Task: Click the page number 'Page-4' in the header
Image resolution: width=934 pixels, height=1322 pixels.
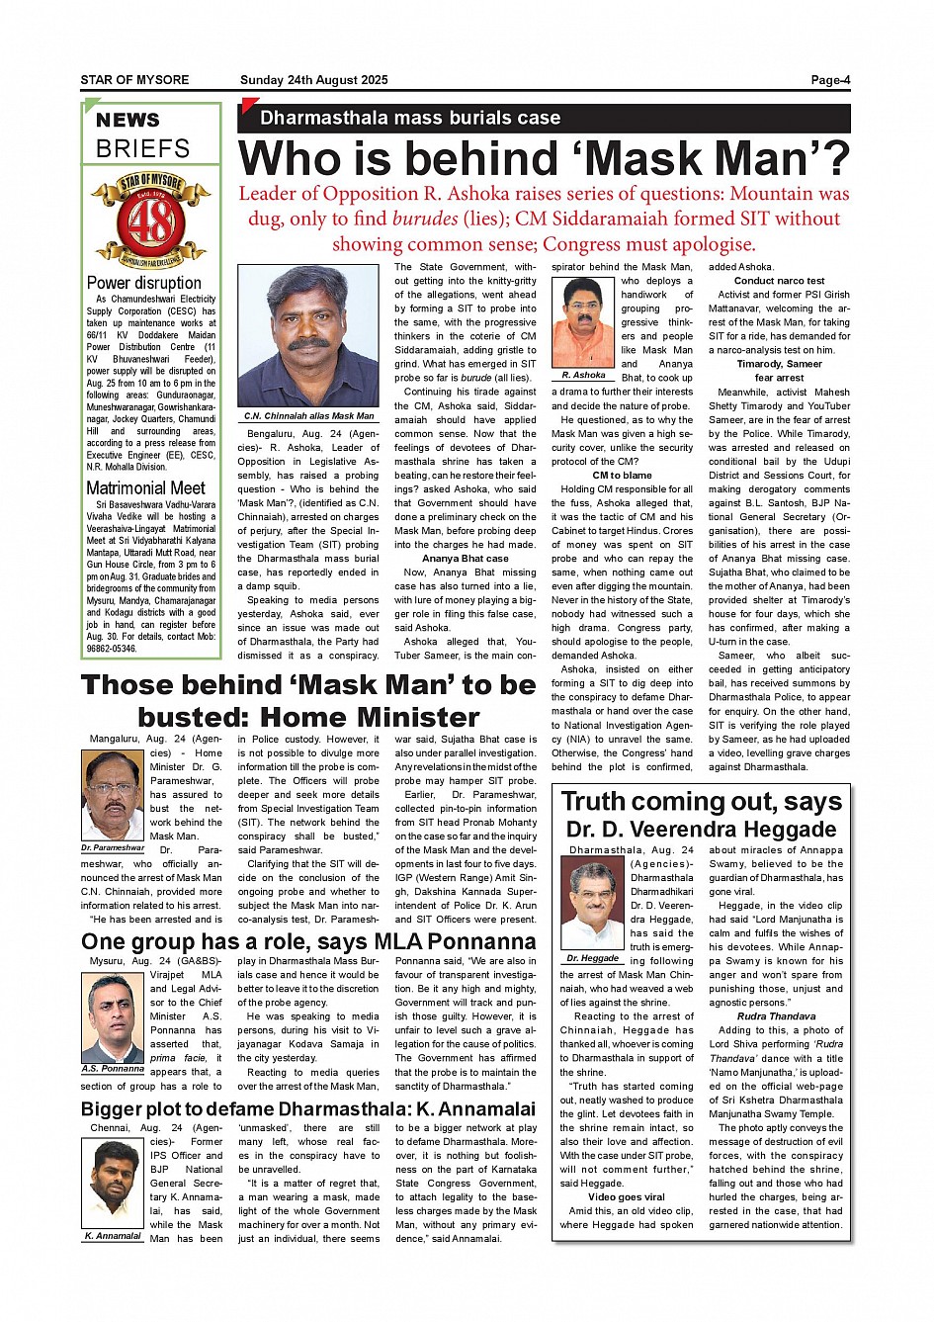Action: [830, 80]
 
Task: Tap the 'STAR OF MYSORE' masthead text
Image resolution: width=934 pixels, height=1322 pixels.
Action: [134, 80]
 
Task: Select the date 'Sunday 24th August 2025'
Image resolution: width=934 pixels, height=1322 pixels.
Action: [313, 80]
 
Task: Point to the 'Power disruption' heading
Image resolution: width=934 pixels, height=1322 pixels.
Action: [144, 283]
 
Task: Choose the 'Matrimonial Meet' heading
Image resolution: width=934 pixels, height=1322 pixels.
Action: [145, 488]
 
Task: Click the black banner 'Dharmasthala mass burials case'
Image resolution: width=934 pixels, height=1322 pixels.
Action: [410, 118]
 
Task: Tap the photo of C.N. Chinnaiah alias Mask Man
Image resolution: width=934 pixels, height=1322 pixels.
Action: [308, 336]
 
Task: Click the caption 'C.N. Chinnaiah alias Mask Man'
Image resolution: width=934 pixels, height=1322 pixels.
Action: [309, 416]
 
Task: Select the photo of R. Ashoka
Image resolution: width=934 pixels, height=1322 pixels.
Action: [583, 322]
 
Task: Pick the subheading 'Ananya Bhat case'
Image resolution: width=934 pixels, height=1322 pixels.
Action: [466, 559]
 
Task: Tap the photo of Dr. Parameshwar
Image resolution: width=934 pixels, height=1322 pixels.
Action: [113, 795]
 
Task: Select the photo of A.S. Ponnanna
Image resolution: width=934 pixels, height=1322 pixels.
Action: [113, 1018]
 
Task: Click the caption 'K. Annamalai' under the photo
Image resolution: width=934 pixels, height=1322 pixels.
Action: [113, 1236]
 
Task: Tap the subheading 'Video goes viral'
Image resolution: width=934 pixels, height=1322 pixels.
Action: [626, 1197]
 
